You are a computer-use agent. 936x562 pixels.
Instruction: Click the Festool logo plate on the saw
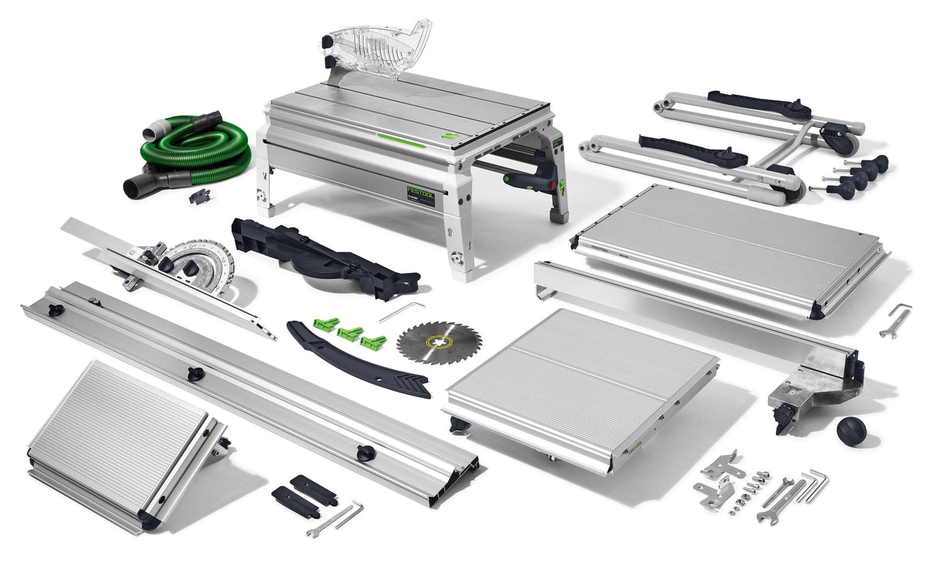[x=421, y=194]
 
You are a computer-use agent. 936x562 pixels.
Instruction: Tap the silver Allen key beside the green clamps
[x=402, y=310]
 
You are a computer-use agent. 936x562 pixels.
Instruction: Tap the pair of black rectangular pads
[x=304, y=493]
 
